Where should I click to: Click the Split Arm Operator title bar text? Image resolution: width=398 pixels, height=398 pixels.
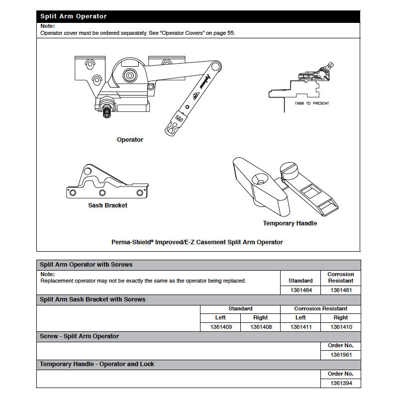pos(73,16)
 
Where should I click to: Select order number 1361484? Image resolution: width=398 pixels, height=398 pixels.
pos(300,290)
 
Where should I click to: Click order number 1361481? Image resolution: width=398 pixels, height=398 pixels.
pos(341,290)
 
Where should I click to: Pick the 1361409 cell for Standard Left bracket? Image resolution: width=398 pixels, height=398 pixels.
pos(220,327)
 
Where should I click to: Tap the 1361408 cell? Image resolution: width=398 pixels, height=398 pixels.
pos(260,327)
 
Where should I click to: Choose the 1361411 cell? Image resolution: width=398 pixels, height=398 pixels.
pos(300,327)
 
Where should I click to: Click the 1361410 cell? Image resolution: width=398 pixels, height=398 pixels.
pos(341,327)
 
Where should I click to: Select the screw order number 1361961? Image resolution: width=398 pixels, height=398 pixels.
pos(341,355)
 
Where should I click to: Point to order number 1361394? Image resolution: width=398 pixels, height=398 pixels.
pos(341,383)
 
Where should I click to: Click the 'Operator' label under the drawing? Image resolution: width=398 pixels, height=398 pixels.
pos(130,140)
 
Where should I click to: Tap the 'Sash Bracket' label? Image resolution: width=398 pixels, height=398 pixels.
pos(108,205)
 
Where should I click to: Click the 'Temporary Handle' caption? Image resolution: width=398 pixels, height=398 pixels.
pos(290,223)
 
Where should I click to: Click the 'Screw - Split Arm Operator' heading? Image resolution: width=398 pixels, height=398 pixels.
pos(79,336)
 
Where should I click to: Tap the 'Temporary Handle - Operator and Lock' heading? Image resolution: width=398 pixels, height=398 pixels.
pos(97,364)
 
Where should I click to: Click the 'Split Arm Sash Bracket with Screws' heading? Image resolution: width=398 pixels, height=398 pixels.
pos(93,299)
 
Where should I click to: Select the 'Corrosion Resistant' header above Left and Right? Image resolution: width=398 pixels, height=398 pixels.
pos(320,308)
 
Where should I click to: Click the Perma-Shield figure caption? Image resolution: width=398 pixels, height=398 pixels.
pos(197,242)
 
